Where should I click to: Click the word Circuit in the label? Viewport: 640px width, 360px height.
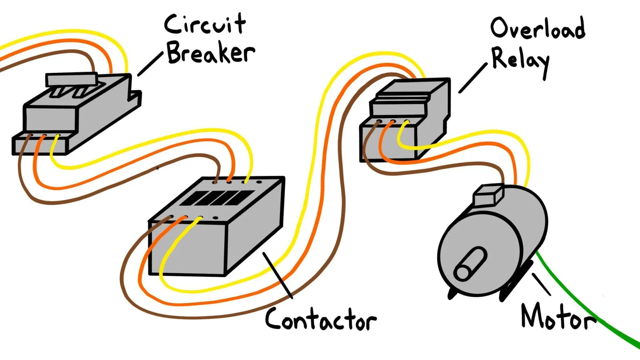205,24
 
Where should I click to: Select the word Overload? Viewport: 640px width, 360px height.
538,28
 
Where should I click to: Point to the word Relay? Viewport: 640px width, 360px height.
520,62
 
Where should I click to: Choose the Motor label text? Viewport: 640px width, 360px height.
558,318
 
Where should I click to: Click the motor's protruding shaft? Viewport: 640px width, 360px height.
470,263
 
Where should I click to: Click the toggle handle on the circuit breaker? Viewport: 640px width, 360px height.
72,79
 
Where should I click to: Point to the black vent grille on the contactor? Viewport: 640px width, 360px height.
217,198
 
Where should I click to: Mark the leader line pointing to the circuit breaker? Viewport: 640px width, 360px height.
150,64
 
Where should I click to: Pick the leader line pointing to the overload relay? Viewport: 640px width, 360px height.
473,78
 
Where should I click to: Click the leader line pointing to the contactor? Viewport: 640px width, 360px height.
278,275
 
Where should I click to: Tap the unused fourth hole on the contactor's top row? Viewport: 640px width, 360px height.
259,182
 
